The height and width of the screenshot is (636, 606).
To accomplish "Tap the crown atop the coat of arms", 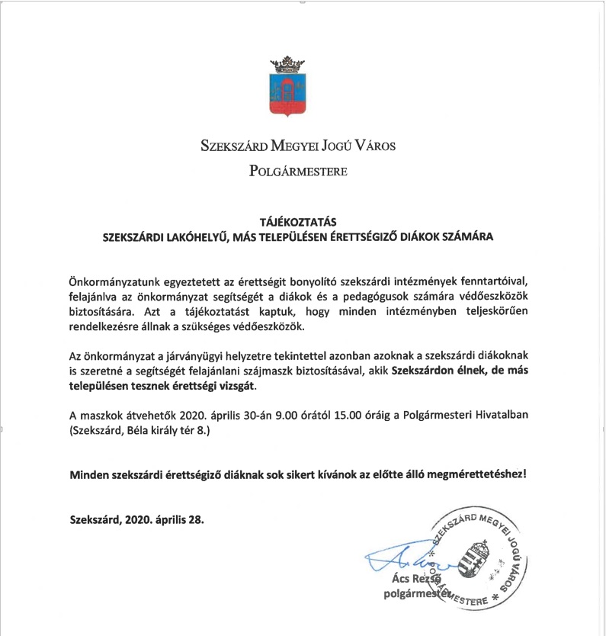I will click(x=288, y=60).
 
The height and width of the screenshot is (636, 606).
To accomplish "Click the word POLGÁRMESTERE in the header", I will click(x=298, y=171).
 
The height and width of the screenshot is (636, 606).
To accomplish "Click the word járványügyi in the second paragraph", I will click(x=190, y=358).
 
